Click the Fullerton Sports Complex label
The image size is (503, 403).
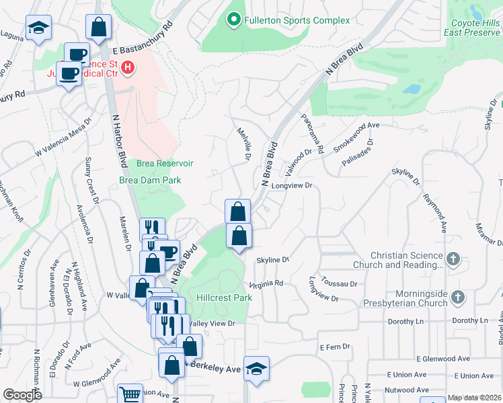tap(297, 20)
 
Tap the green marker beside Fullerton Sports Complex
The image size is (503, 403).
tap(234, 20)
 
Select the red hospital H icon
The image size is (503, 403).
tap(126, 68)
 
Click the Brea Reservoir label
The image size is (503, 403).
tap(165, 163)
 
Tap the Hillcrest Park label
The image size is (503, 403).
tap(224, 298)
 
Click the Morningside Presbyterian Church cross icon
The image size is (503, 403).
tap(458, 296)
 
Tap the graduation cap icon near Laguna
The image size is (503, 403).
tap(39, 28)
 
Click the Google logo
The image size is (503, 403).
tap(22, 395)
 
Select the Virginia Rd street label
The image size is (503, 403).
tap(266, 284)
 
